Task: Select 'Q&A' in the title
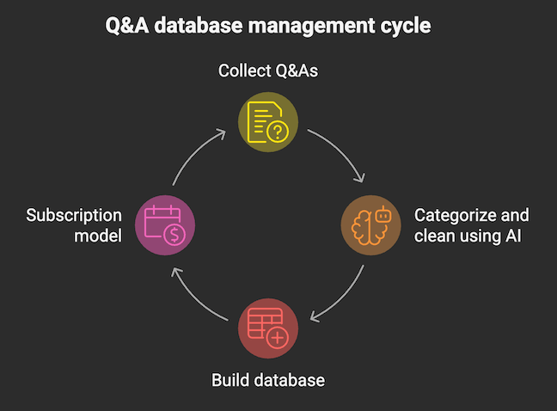pyautogui.click(x=127, y=26)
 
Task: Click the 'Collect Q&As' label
pyautogui.click(x=267, y=71)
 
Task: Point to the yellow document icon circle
pyautogui.click(x=267, y=120)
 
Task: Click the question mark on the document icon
pyautogui.click(x=278, y=132)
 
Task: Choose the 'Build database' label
pyautogui.click(x=267, y=379)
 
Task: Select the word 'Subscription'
pyautogui.click(x=74, y=215)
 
